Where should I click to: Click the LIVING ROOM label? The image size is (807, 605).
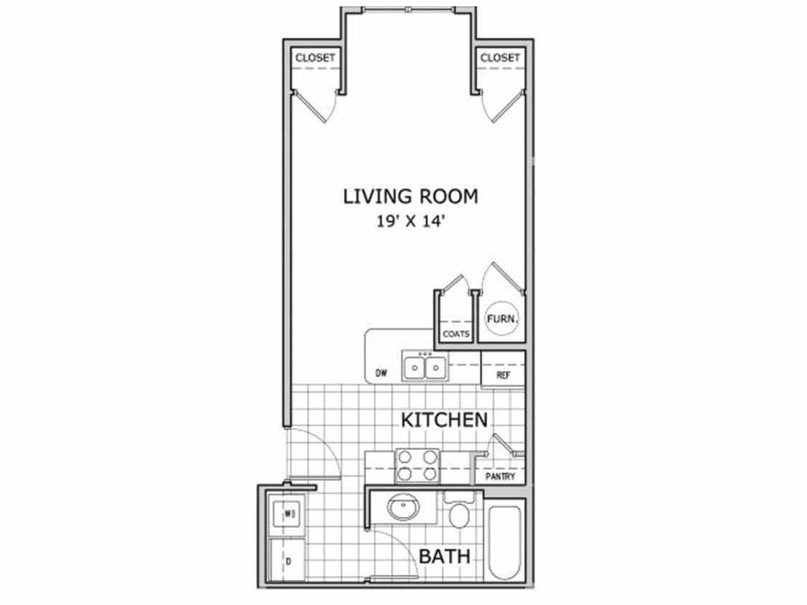pyautogui.click(x=410, y=196)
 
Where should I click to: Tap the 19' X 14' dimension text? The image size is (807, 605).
pyautogui.click(x=410, y=221)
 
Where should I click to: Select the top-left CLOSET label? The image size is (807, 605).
pyautogui.click(x=316, y=57)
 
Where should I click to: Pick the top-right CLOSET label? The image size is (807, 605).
pyautogui.click(x=500, y=57)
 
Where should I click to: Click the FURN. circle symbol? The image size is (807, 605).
pyautogui.click(x=502, y=319)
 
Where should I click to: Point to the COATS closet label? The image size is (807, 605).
pyautogui.click(x=456, y=334)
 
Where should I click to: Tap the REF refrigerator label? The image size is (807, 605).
pyautogui.click(x=503, y=375)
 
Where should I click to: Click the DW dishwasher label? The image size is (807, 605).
pyautogui.click(x=381, y=373)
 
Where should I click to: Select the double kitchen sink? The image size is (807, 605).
pyautogui.click(x=424, y=368)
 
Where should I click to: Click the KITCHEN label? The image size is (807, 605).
pyautogui.click(x=444, y=419)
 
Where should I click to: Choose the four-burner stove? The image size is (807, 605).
pyautogui.click(x=417, y=465)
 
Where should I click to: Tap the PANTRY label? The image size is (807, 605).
pyautogui.click(x=500, y=476)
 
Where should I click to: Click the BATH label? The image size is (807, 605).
pyautogui.click(x=445, y=556)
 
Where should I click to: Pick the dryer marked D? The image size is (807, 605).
pyautogui.click(x=288, y=561)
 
